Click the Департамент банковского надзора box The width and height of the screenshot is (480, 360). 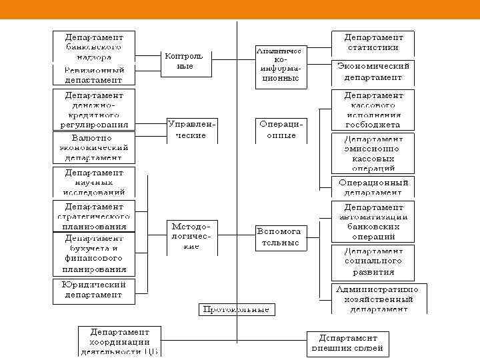[x=93, y=45]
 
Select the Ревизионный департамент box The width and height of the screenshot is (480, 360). [x=93, y=75]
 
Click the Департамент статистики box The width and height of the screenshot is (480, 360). [x=373, y=43]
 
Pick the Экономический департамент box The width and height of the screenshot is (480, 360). [x=373, y=71]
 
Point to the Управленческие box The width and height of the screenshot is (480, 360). [x=192, y=130]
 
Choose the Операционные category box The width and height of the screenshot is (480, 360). [x=281, y=130]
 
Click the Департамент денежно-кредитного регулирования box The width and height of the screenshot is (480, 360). [x=93, y=109]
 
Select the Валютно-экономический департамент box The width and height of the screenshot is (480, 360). [x=93, y=148]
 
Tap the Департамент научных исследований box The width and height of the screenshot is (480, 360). [x=93, y=182]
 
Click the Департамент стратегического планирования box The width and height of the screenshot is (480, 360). [x=93, y=216]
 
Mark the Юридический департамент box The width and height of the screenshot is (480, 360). [x=93, y=290]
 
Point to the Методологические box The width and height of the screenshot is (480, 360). [x=192, y=237]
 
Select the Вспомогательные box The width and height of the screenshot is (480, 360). [x=279, y=237]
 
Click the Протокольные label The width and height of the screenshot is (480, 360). [x=237, y=309]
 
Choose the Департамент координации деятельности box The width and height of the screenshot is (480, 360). [x=120, y=341]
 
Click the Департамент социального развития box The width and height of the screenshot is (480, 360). [x=373, y=262]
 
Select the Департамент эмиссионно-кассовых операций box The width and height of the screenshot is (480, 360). [x=373, y=155]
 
